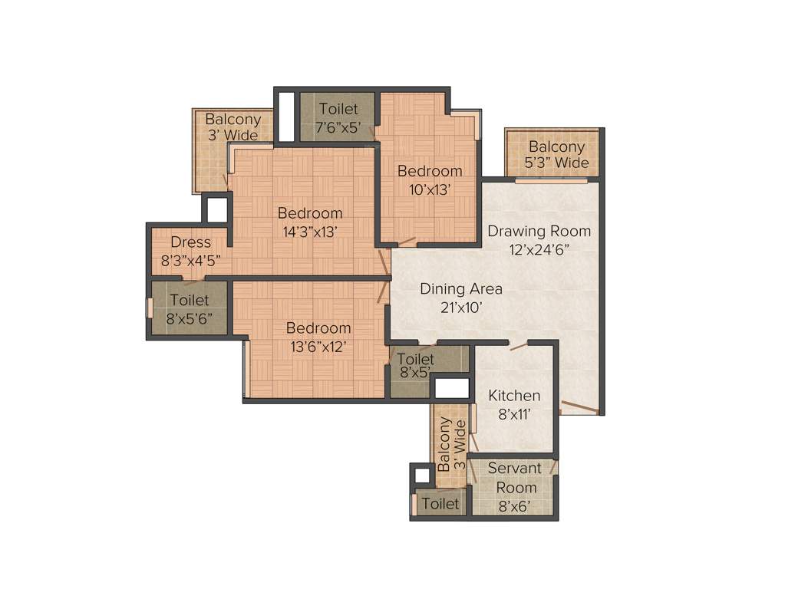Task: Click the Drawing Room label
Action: point(539,231)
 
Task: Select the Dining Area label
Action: point(460,289)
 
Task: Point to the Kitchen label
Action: point(514,396)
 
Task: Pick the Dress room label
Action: point(190,242)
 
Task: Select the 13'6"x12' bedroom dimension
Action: point(318,346)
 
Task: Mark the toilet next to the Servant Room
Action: point(440,504)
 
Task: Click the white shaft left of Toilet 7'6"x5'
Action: point(286,116)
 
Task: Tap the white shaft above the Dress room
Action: point(216,209)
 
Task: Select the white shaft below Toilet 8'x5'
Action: point(451,387)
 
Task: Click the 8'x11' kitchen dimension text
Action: point(514,414)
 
